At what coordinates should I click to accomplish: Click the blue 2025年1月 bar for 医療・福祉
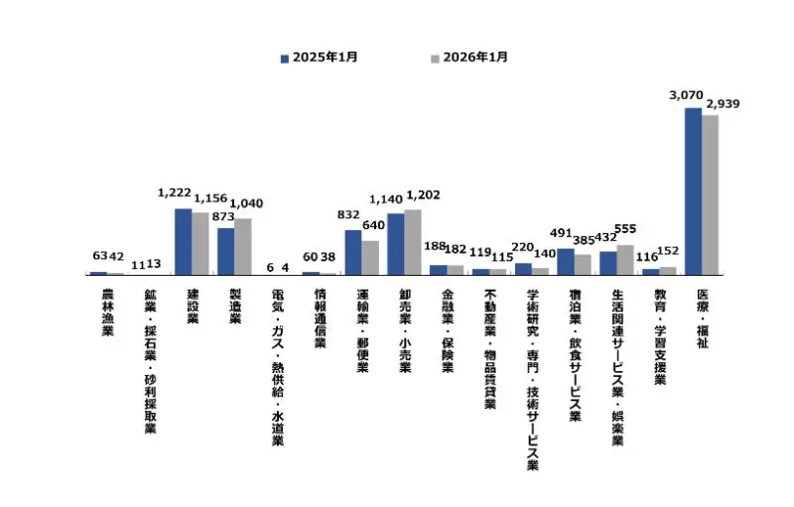pos(693,190)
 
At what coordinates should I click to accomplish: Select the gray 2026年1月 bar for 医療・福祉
pos(711,194)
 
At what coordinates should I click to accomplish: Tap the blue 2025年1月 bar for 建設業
pos(183,241)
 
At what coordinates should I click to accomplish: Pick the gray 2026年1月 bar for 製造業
pos(243,246)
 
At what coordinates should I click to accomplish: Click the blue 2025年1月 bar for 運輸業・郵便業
pos(353,252)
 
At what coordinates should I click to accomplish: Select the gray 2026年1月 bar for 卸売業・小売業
pos(413,241)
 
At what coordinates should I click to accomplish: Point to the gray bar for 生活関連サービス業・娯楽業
pos(625,259)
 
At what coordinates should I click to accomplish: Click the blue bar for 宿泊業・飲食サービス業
pos(566,261)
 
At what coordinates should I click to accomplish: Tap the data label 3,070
pos(687,95)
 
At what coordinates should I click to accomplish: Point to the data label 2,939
pos(723,103)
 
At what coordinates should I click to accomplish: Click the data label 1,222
pos(175,194)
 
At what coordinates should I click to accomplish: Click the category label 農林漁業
pos(107,314)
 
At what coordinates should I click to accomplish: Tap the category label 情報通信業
pos(320,318)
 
